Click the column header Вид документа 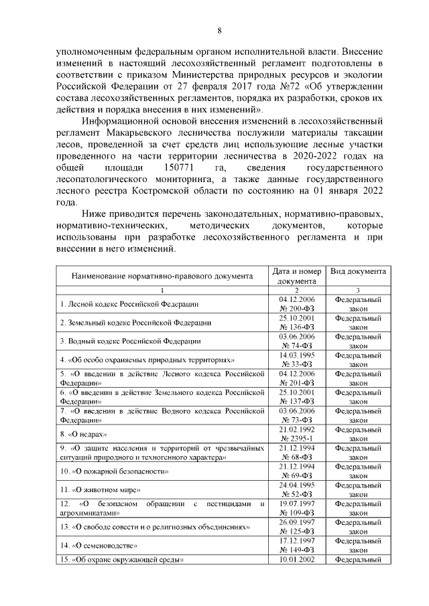[357, 271]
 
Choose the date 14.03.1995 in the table [297, 354]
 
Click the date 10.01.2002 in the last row [297, 559]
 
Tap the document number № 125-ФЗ [297, 532]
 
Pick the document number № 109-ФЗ [297, 512]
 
